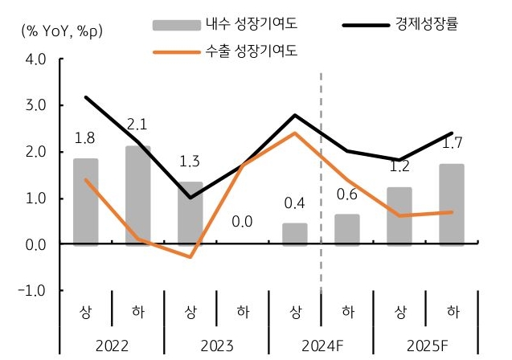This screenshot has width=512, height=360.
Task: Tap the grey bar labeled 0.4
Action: (x=295, y=234)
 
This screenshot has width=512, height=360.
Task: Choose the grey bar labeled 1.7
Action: (x=452, y=204)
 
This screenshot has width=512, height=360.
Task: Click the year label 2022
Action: (x=112, y=347)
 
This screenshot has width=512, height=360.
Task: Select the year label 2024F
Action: (x=321, y=347)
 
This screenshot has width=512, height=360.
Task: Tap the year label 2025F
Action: (x=425, y=347)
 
